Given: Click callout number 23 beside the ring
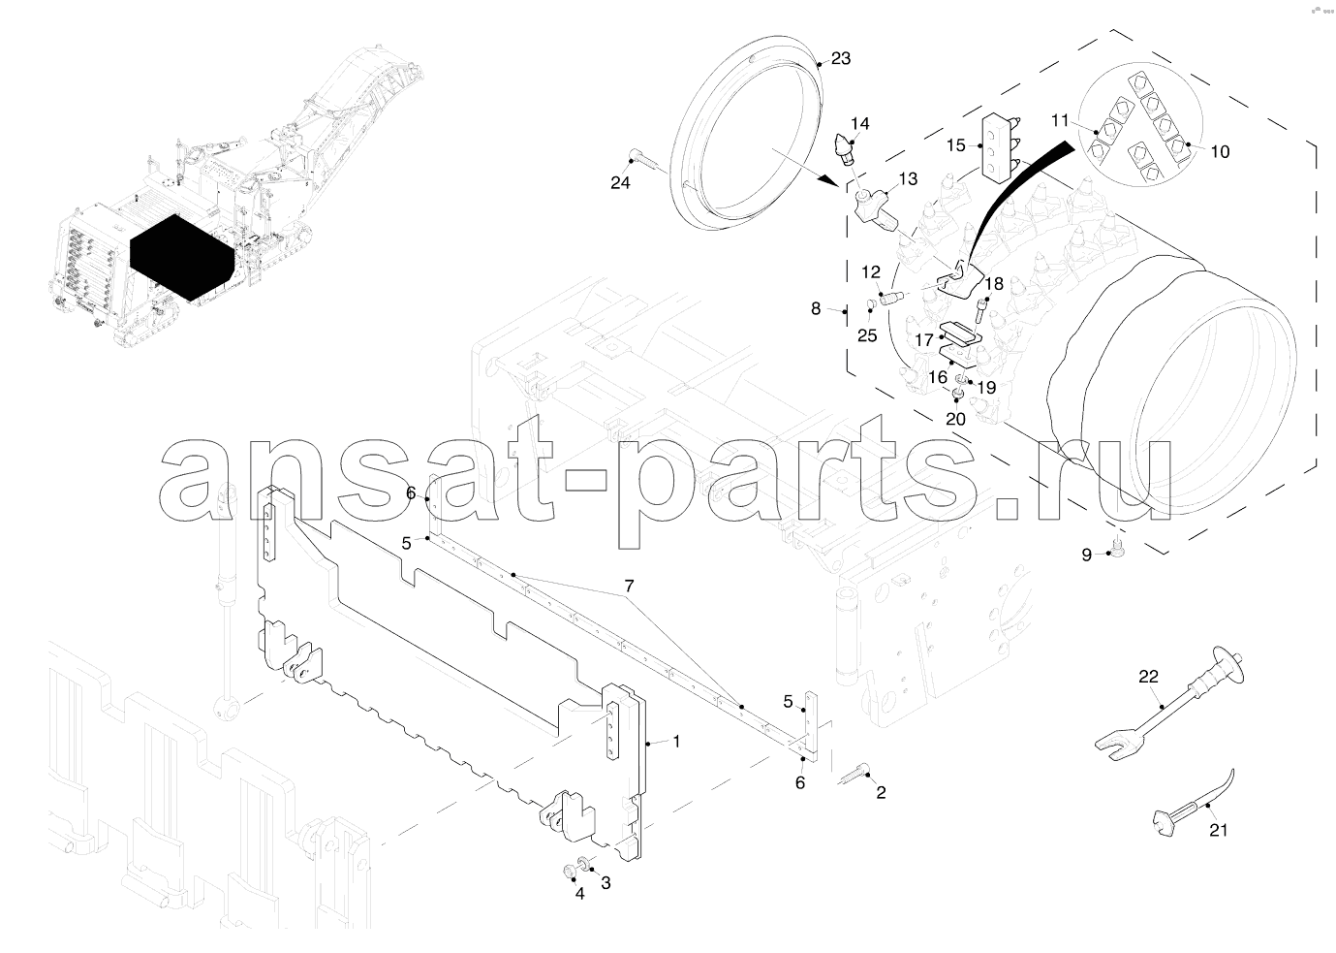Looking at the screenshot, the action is coord(840,58).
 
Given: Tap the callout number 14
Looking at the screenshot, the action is coord(859,124).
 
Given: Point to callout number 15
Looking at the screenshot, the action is coord(955,145).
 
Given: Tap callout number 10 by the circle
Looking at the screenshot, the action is coord(1220,152).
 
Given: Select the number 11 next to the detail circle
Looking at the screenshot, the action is coord(1059,121).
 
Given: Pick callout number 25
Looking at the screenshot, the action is coord(867,336).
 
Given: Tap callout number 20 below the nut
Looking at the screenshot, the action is coord(955,420).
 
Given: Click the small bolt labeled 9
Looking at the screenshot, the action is coord(1113,552).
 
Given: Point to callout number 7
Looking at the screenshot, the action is coord(629,586).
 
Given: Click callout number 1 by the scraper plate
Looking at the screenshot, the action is coord(676,742).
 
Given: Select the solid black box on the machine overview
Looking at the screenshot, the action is coord(181,258).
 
